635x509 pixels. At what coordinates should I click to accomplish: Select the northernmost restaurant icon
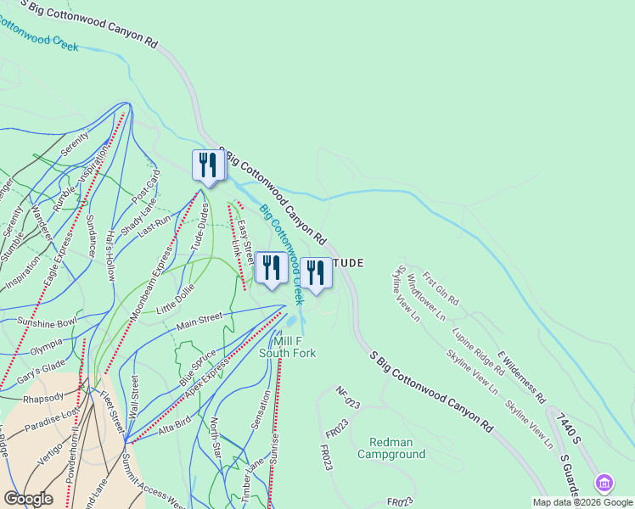208,165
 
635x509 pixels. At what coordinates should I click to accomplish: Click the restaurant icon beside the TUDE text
315,273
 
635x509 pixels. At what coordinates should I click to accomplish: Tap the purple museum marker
604,484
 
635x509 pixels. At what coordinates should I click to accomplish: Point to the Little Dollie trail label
176,300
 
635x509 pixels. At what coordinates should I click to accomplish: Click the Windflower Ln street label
426,297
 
